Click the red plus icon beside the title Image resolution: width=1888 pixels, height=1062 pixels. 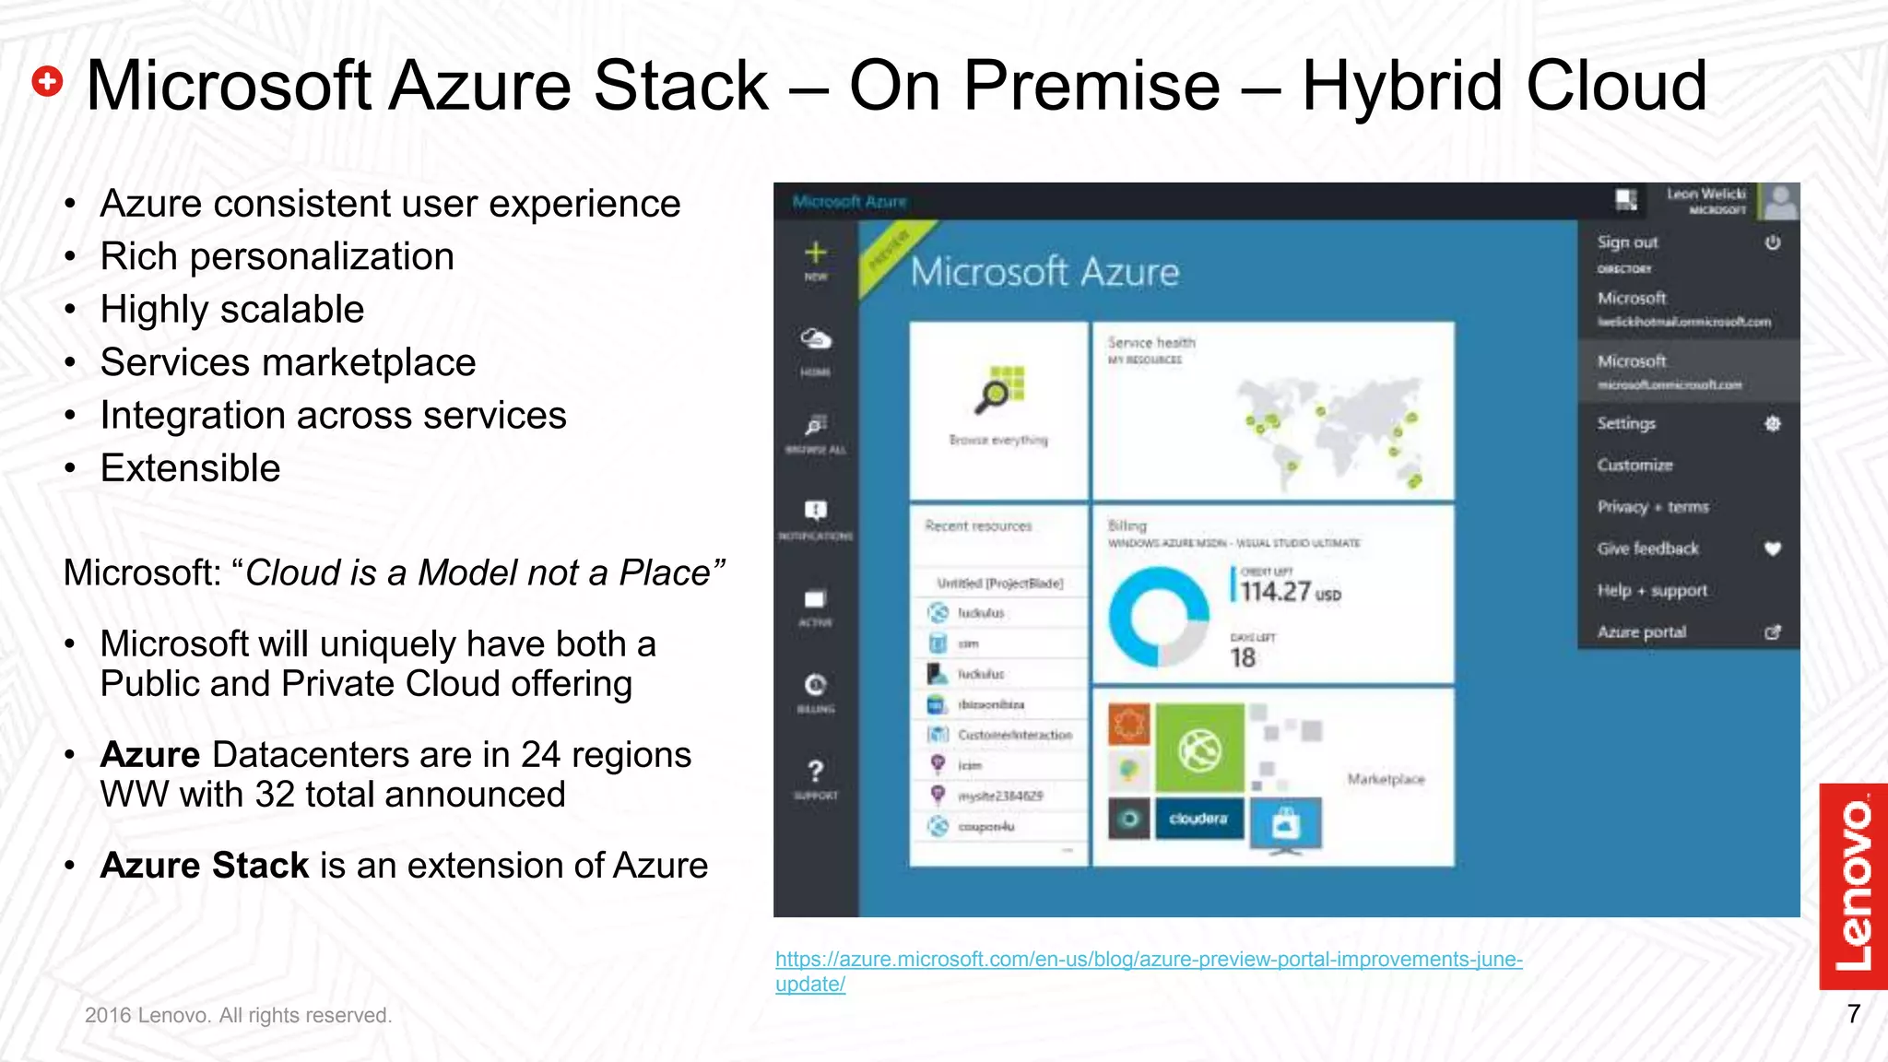click(47, 82)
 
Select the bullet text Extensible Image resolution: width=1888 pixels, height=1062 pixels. click(190, 468)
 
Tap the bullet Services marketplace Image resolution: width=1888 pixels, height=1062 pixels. click(288, 362)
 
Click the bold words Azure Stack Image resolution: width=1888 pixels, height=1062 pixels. click(204, 866)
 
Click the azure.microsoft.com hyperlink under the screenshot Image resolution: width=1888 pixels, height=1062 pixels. click(1148, 960)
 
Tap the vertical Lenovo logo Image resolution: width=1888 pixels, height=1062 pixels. click(1853, 886)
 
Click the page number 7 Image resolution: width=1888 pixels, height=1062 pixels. click(1853, 1014)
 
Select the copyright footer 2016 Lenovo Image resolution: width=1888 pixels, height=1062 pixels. click(238, 1015)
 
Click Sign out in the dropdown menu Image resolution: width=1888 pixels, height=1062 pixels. click(1627, 242)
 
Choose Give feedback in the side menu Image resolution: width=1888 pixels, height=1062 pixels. click(1648, 549)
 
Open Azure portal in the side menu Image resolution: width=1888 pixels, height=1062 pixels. click(1642, 632)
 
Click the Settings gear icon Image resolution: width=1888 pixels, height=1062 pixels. click(1772, 424)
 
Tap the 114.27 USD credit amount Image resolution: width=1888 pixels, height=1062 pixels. click(1288, 592)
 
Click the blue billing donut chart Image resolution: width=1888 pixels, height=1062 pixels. click(1158, 616)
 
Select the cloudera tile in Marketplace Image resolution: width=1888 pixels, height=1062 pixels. click(1198, 819)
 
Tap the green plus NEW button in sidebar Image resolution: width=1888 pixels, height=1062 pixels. click(816, 254)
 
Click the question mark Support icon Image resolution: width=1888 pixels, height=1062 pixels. click(816, 772)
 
